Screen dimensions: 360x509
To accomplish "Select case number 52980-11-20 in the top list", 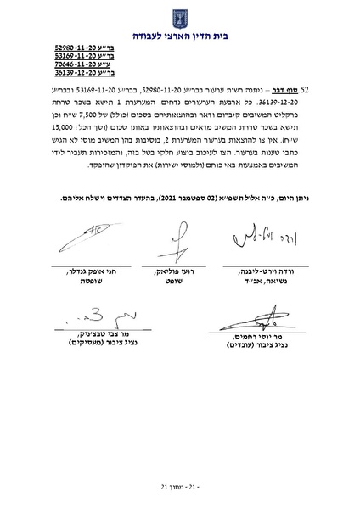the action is pos(70,50).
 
